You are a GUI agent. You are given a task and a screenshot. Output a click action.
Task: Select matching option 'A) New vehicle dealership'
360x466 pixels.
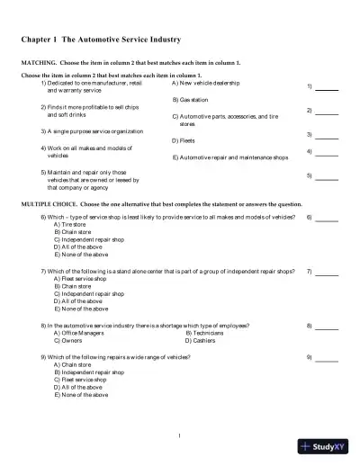(x=205, y=83)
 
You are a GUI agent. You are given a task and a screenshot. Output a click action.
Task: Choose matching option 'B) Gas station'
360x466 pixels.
(x=190, y=99)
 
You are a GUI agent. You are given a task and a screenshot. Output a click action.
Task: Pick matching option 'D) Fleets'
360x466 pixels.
(x=184, y=140)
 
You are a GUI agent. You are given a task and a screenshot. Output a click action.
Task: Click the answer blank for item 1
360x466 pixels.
(x=327, y=89)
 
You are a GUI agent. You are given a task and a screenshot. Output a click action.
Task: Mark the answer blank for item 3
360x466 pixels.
(x=327, y=134)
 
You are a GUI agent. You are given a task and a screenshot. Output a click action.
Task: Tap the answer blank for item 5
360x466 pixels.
(x=327, y=177)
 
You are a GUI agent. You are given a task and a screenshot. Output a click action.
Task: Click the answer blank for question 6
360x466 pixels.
(x=327, y=219)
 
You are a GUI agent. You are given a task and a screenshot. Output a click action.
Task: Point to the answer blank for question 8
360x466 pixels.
(x=327, y=325)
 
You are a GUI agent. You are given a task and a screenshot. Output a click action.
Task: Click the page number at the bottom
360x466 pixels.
(x=180, y=436)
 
